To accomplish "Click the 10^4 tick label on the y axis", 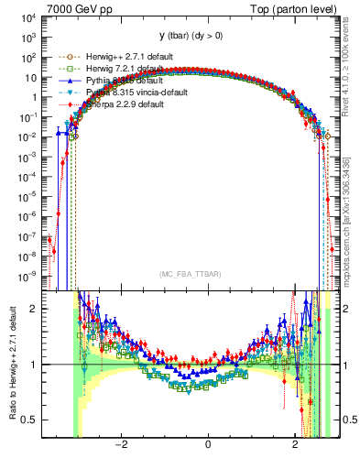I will click(x=30, y=17).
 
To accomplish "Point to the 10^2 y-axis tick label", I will click(x=30, y=58).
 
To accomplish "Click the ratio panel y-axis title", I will click(x=12, y=364).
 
